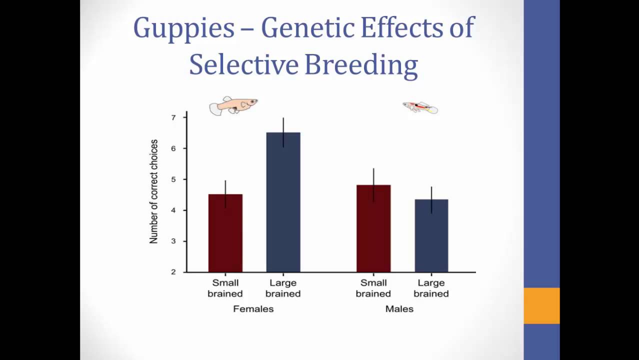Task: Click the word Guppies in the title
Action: point(183,28)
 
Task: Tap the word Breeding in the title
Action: point(360,65)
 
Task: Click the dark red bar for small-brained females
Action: point(225,233)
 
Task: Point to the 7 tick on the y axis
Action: point(173,117)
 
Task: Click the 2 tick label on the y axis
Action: point(173,272)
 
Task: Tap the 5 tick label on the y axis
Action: point(173,179)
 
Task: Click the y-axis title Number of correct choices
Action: point(153,191)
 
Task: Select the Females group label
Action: point(253,309)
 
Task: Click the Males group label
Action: point(399,309)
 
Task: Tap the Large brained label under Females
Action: point(283,288)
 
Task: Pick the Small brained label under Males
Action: point(373,288)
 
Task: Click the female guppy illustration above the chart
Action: point(233,105)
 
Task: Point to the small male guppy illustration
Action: point(420,107)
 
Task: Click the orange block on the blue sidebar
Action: point(541,305)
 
